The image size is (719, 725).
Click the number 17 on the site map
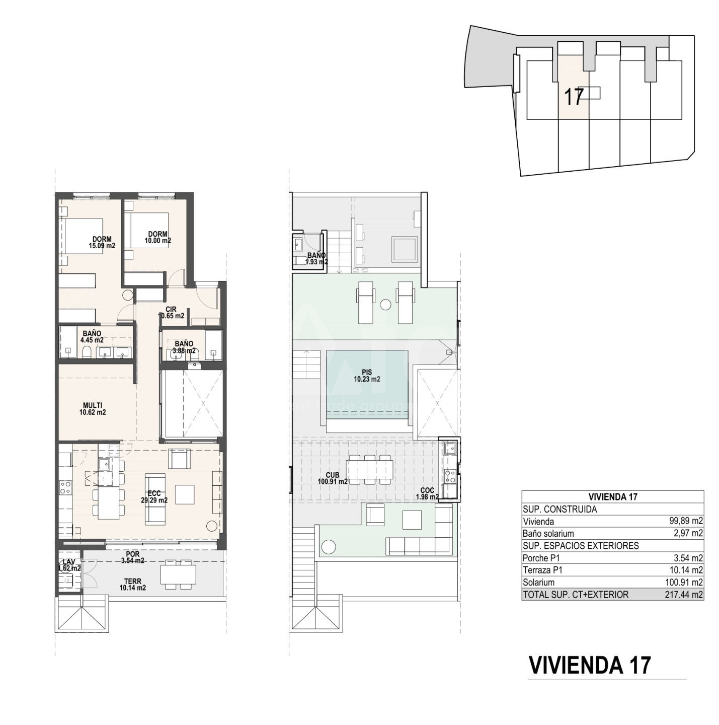click(x=574, y=97)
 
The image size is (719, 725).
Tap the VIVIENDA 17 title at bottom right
click(x=590, y=665)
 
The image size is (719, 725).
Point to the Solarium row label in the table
click(x=538, y=582)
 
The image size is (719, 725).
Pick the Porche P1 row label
click(x=541, y=558)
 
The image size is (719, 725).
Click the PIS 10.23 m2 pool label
click(x=367, y=376)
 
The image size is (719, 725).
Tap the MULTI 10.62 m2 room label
click(x=93, y=409)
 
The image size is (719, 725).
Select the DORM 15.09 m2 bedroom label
click(x=102, y=242)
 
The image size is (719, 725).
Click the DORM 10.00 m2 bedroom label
click(x=158, y=238)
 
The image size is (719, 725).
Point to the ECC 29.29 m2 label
click(x=154, y=496)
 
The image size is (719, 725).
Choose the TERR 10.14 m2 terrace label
click(x=133, y=585)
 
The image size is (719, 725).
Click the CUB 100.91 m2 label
click(x=333, y=478)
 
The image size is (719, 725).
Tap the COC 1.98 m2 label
click(x=427, y=493)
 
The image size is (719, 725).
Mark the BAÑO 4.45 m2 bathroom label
click(x=92, y=337)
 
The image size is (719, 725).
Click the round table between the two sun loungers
click(x=385, y=304)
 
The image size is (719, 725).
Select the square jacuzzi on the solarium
click(x=404, y=249)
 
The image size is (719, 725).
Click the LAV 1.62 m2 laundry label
click(x=69, y=565)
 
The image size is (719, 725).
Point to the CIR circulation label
click(x=171, y=309)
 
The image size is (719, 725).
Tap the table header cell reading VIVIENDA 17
click(x=612, y=496)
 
